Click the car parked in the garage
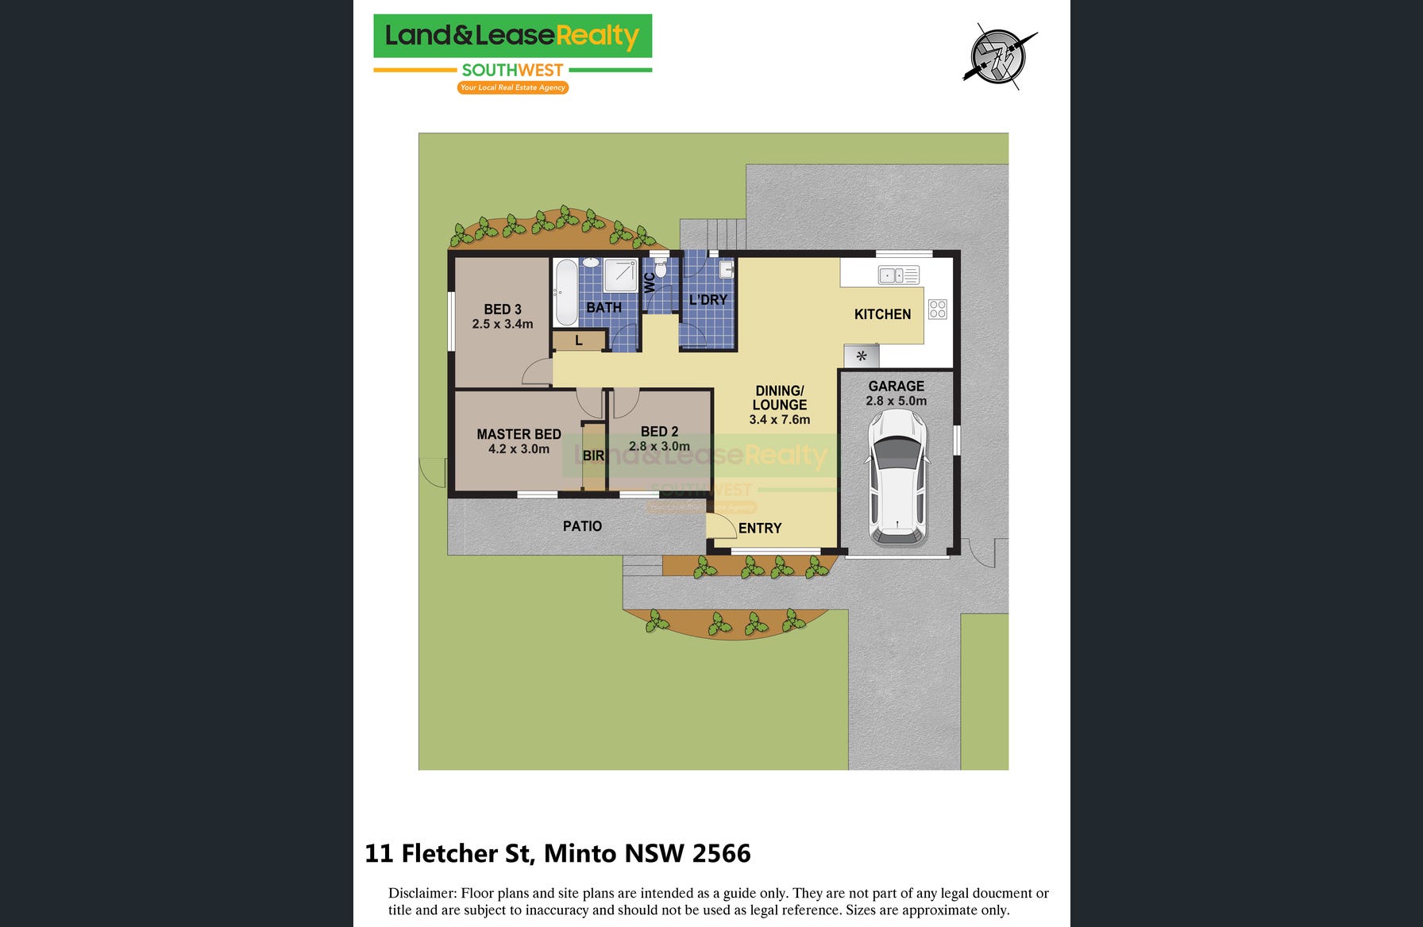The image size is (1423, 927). point(897,478)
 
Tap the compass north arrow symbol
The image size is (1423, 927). point(999,56)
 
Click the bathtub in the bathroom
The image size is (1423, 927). point(566,292)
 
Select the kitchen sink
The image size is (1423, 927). point(898,275)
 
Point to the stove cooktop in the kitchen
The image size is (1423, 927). point(938,309)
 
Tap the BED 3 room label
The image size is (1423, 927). point(503,310)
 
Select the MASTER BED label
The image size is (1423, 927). point(519,434)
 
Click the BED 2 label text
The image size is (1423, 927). point(659,432)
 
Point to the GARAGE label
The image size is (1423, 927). point(896,387)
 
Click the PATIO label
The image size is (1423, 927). point(582,526)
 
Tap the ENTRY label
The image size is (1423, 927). point(760,529)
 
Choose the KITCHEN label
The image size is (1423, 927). point(882,314)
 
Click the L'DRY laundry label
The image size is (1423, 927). point(708,300)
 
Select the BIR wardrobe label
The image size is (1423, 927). point(593,456)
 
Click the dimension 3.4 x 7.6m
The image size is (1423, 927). point(780,420)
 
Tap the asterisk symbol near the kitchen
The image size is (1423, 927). point(862,356)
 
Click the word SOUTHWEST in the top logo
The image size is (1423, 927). point(512,71)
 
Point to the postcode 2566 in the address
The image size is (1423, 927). point(722,853)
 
